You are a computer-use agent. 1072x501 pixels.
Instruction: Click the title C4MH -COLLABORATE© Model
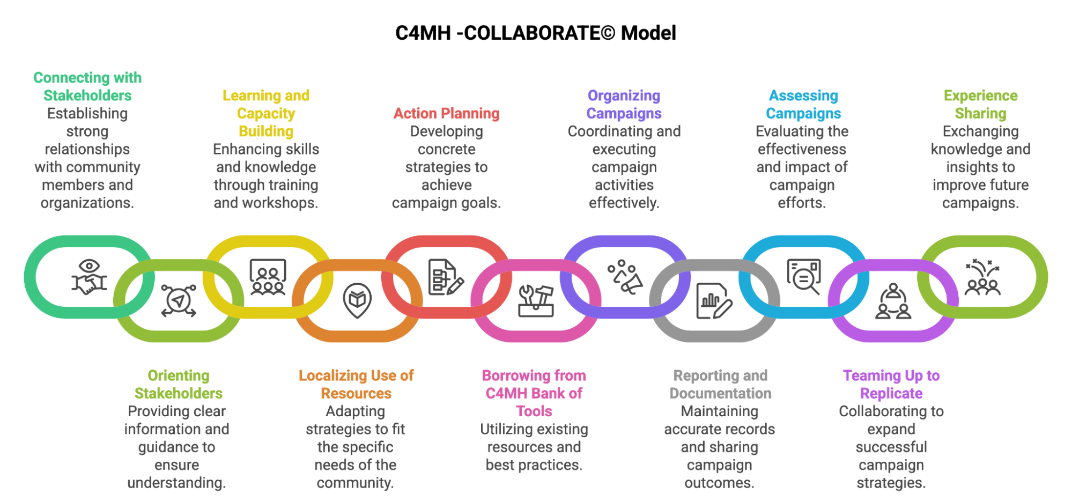(x=535, y=33)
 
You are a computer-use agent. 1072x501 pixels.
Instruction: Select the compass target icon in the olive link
(x=179, y=301)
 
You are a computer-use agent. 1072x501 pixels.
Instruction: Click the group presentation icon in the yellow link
(x=268, y=277)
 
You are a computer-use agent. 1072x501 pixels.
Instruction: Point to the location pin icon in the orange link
(x=357, y=300)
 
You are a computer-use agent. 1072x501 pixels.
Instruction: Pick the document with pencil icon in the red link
(x=446, y=277)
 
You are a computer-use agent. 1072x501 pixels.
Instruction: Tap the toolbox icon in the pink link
(x=535, y=301)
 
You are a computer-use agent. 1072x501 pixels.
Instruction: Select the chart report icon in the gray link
(x=714, y=301)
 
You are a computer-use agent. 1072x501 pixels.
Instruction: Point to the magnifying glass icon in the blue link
(x=803, y=277)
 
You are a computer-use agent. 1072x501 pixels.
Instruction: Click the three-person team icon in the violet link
(x=893, y=301)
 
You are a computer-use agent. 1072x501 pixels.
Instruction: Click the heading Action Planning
(x=446, y=113)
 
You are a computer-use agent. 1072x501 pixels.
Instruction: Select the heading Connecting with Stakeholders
(x=87, y=86)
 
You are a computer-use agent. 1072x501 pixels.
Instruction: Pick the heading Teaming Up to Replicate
(x=891, y=384)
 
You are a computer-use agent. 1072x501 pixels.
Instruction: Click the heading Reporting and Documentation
(x=720, y=384)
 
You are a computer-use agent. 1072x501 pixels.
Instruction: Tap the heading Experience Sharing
(x=980, y=104)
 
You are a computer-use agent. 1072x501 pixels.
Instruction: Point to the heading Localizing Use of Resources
(x=356, y=384)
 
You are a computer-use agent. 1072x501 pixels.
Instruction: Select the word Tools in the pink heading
(x=534, y=411)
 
